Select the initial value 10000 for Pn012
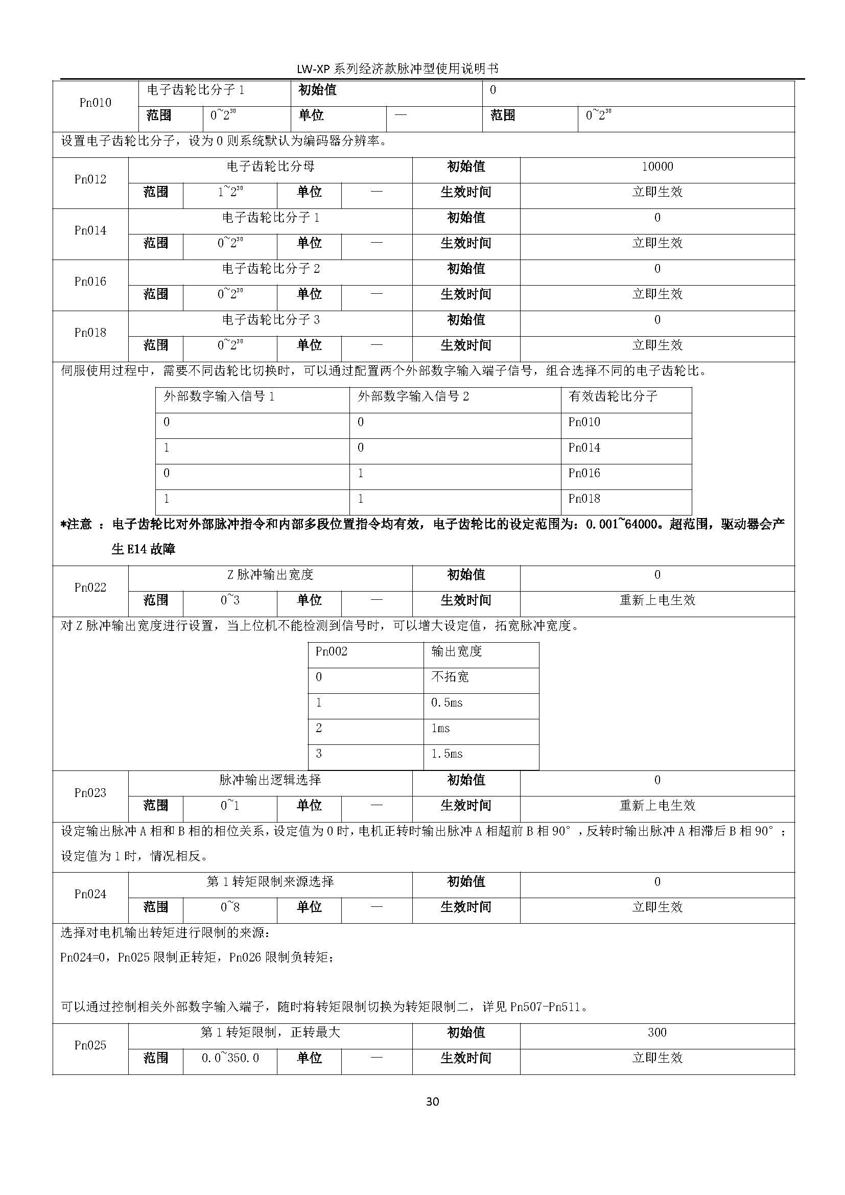[657, 167]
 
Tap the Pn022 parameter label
[90, 588]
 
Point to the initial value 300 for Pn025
[657, 1033]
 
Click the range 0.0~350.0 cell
[230, 1058]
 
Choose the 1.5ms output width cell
[447, 754]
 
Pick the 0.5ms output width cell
[447, 702]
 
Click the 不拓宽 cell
[450, 676]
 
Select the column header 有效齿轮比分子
[613, 396]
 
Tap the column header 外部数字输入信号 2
[413, 396]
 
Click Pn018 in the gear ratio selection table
[584, 499]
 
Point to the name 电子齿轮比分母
[271, 167]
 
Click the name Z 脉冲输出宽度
[271, 575]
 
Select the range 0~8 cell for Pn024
[230, 907]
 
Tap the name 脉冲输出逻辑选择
[271, 780]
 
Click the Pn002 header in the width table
[332, 651]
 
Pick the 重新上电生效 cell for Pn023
[657, 806]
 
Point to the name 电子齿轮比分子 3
[271, 319]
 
